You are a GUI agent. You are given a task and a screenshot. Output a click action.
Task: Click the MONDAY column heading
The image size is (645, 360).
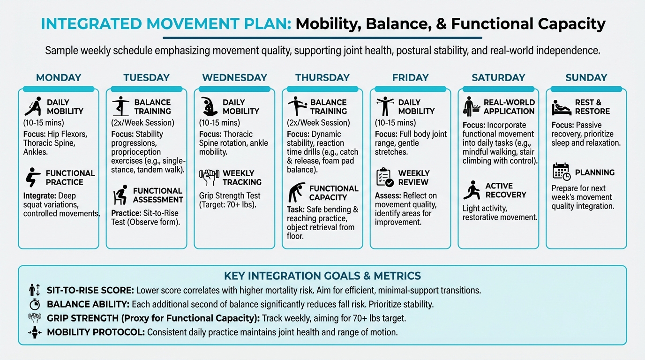[x=59, y=77]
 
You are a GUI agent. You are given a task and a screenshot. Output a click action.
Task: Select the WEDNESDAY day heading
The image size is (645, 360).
[x=234, y=77]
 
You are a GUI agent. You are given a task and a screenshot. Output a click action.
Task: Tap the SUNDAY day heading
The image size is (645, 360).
[x=586, y=77]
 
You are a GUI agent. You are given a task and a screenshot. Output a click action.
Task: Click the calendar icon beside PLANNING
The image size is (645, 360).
[x=562, y=172]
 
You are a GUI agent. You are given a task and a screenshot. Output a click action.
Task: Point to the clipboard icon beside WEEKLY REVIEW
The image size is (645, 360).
[x=385, y=177]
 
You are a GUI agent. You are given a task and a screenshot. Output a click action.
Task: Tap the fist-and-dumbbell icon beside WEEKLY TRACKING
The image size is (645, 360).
[x=209, y=177]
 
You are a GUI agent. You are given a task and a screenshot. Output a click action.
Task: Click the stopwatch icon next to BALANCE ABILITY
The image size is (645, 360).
[x=35, y=304]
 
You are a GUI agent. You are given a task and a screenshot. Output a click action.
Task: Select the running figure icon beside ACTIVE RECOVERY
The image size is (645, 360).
[x=472, y=190]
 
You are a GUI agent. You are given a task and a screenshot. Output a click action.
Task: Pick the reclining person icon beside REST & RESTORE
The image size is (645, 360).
[x=562, y=107]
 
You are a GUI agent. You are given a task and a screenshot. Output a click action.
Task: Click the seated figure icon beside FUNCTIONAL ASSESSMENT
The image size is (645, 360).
[x=120, y=195]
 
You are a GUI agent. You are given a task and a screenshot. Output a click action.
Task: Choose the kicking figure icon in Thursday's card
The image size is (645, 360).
[x=297, y=106]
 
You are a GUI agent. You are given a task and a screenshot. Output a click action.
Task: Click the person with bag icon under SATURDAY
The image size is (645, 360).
[x=472, y=106]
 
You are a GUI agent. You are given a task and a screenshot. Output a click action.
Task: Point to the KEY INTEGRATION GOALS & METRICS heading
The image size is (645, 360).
[x=322, y=276]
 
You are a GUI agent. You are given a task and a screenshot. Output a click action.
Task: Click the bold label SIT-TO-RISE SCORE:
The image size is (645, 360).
[x=90, y=290]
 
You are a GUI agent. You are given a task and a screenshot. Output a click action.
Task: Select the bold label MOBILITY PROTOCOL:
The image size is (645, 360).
[x=96, y=332]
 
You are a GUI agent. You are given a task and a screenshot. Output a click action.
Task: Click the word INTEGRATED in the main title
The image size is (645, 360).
[x=91, y=23]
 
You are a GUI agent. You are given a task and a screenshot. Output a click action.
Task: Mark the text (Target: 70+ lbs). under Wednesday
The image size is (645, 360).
[x=227, y=205]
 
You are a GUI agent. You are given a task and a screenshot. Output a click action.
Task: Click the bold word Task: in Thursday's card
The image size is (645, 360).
[x=295, y=210]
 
